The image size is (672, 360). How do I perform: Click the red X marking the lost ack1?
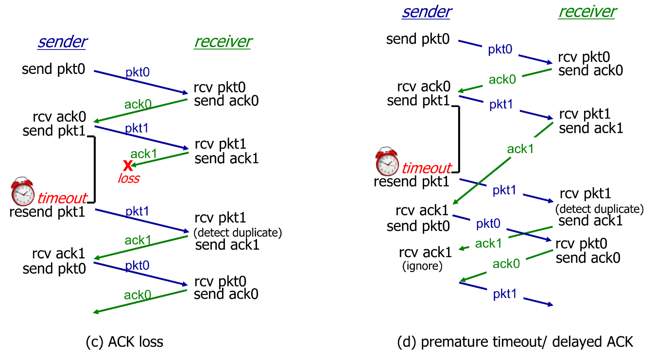click(127, 165)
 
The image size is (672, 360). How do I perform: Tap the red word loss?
click(129, 178)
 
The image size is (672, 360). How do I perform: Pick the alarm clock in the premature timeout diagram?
click(387, 162)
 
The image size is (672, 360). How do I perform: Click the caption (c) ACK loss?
click(124, 342)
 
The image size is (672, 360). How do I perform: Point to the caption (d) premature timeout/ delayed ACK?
click(516, 342)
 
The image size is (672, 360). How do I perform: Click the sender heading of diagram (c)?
click(62, 42)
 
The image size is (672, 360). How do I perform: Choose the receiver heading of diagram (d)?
click(587, 12)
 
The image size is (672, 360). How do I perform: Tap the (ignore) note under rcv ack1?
click(423, 266)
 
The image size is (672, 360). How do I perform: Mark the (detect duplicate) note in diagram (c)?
click(238, 233)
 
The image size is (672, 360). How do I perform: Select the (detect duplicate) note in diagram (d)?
click(599, 209)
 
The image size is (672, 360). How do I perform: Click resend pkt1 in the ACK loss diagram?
click(47, 212)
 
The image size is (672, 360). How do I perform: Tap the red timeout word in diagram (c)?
click(62, 198)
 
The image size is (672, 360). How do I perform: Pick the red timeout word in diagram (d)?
click(427, 168)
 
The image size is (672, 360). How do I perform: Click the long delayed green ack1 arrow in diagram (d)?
click(503, 163)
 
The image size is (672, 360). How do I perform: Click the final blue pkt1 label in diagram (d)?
click(504, 293)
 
